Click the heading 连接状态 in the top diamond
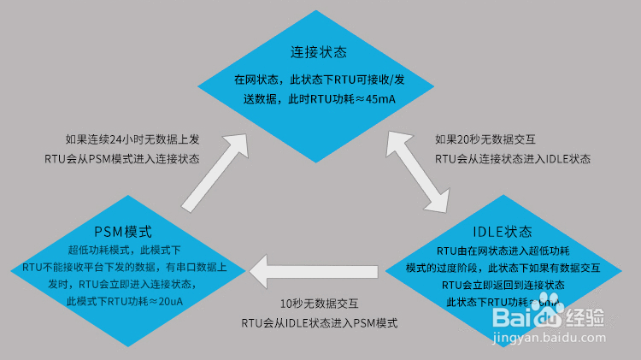pyautogui.click(x=318, y=51)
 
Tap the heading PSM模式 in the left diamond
pyautogui.click(x=122, y=232)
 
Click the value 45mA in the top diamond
pyautogui.click(x=381, y=99)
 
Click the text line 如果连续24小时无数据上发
pyautogui.click(x=121, y=139)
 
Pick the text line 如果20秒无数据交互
pyautogui.click(x=485, y=139)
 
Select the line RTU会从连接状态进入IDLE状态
pyautogui.click(x=513, y=158)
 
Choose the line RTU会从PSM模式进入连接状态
pyautogui.click(x=122, y=158)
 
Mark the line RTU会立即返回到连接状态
pyautogui.click(x=503, y=285)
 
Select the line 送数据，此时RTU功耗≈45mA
pyautogui.click(x=319, y=99)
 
